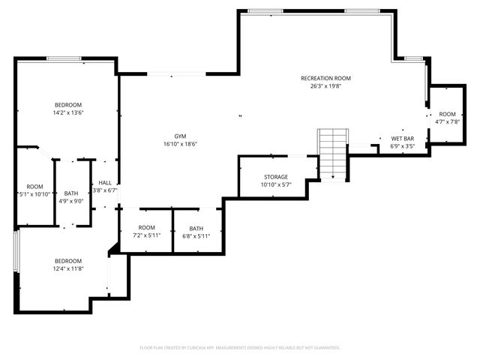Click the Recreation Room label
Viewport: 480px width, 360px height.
(325, 78)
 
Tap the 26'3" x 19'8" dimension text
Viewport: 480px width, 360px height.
(325, 86)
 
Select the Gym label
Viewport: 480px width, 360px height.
(175, 136)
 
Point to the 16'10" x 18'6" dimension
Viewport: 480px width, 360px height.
(175, 144)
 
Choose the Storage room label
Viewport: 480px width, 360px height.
(275, 177)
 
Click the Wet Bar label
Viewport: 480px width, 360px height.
(403, 139)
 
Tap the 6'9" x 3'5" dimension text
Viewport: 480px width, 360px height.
(403, 146)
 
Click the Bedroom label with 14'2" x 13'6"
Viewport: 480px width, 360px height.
(67, 104)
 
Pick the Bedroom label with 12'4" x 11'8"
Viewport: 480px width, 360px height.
(67, 260)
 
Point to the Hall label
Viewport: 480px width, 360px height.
(105, 182)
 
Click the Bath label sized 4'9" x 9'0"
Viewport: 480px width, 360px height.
(71, 193)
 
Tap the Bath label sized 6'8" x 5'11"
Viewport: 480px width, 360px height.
(196, 228)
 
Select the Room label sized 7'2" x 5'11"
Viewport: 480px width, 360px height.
(146, 227)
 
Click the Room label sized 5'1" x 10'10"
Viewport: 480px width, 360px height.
(34, 187)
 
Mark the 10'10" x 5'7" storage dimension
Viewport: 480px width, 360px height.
(275, 184)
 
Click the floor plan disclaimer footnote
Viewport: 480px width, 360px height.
(240, 347)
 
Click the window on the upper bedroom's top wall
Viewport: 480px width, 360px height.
(64, 58)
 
